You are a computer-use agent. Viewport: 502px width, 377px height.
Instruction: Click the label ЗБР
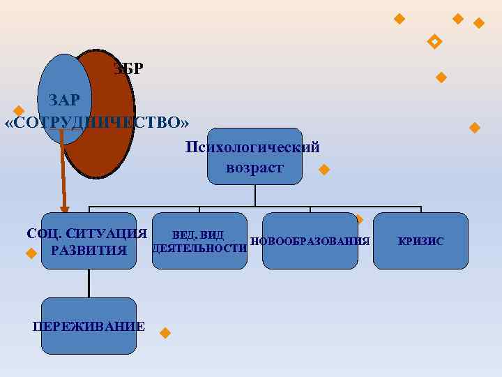point(128,69)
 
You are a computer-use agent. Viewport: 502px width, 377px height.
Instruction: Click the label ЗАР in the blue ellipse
point(64,100)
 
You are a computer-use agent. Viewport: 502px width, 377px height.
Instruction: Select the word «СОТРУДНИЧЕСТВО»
point(97,123)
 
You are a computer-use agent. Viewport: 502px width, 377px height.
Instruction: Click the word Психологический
point(252,147)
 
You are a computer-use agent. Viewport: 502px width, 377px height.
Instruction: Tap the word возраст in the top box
point(254,168)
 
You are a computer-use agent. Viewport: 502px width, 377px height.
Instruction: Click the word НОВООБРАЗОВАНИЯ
point(310,242)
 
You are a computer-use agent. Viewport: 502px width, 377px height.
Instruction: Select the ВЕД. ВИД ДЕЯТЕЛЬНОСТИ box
point(199,241)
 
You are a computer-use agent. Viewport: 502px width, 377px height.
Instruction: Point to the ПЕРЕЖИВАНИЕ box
point(89,326)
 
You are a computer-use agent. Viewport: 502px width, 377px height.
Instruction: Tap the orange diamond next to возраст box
point(324,170)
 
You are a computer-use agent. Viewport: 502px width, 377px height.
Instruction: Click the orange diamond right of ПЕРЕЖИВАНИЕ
point(165,332)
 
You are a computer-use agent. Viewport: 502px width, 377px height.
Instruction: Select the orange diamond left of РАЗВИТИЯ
point(30,253)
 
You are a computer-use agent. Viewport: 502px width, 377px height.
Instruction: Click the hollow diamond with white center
point(434,42)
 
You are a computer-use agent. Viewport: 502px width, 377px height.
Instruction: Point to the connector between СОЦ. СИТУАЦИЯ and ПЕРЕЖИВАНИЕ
point(89,283)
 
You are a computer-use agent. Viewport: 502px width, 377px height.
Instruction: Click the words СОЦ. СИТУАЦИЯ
point(86,232)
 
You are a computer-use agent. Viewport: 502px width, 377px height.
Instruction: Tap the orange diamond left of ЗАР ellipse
point(19,111)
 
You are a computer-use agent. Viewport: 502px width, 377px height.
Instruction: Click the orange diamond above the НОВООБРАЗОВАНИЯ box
point(359,219)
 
